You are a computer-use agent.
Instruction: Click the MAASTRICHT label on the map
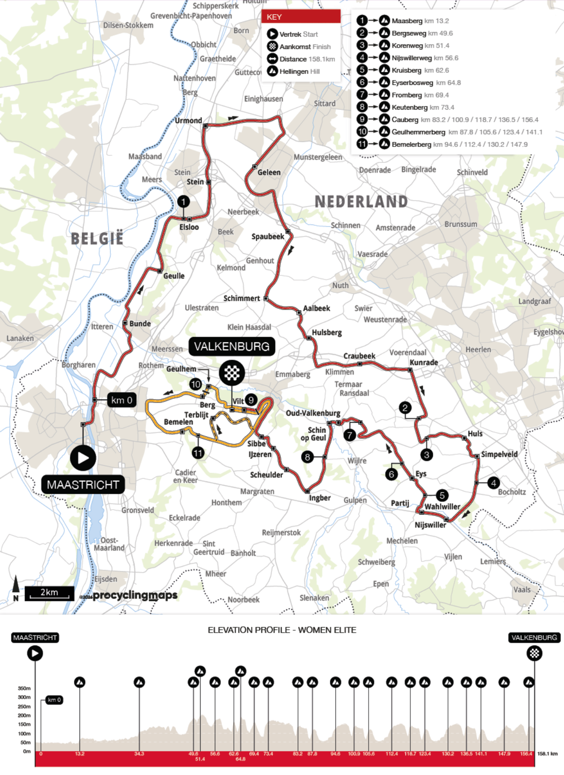pos(83,484)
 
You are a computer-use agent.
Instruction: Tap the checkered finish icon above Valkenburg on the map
pos(232,373)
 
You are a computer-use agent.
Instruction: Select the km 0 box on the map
pos(122,400)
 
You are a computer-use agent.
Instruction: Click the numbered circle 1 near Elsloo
pos(183,202)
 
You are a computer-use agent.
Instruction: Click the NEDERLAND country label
pos(361,202)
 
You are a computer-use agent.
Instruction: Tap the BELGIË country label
pos(97,239)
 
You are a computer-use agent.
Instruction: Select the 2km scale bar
pos(50,593)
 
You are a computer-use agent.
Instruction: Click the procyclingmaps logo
pos(135,595)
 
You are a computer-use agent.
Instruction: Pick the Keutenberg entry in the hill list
pos(409,107)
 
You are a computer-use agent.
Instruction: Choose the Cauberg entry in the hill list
pos(405,120)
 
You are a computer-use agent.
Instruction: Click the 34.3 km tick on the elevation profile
pos(139,754)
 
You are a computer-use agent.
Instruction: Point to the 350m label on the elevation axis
pos(24,688)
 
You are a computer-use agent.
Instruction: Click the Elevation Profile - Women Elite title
pos(282,630)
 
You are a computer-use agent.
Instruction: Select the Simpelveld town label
pos(499,454)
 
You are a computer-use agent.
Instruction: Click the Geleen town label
pos(269,172)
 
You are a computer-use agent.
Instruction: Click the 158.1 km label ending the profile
pos(547,754)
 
